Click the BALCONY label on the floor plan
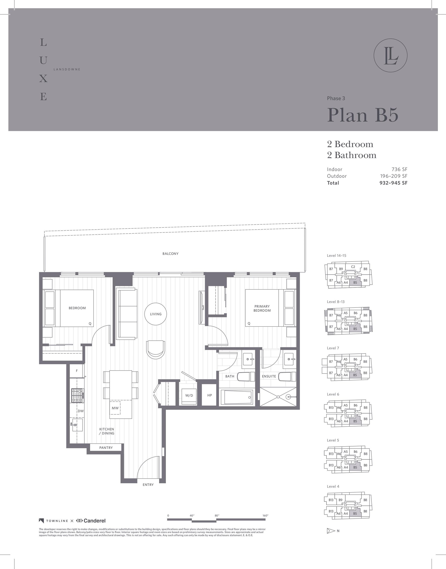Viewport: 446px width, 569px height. pyautogui.click(x=170, y=254)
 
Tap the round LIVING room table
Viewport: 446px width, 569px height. pyautogui.click(x=156, y=314)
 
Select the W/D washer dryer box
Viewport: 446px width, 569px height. pyautogui.click(x=189, y=395)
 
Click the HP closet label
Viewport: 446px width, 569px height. pyautogui.click(x=209, y=395)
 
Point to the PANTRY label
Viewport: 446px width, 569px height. pyautogui.click(x=106, y=447)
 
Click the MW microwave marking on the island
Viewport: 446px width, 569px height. pyautogui.click(x=115, y=408)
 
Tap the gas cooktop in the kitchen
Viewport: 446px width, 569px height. pyautogui.click(x=77, y=395)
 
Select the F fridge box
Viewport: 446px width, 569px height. pyautogui.click(x=77, y=370)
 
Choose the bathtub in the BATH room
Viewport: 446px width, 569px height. pyautogui.click(x=237, y=397)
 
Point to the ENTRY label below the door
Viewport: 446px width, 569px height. pyautogui.click(x=148, y=485)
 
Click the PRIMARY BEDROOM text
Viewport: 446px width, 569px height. pyautogui.click(x=262, y=308)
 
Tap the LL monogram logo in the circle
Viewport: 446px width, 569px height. pyautogui.click(x=390, y=56)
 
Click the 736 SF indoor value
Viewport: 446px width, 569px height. pyautogui.click(x=399, y=169)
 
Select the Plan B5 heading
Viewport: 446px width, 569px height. pyautogui.click(x=363, y=115)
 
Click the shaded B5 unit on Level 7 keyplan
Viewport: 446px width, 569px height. pyautogui.click(x=355, y=375)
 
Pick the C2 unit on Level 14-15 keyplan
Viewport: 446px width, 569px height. pyautogui.click(x=353, y=267)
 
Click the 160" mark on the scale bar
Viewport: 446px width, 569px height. pyautogui.click(x=265, y=516)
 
